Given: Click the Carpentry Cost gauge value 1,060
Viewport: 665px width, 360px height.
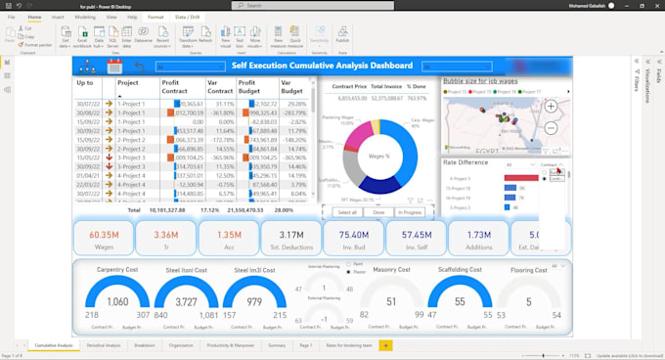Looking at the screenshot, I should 116,301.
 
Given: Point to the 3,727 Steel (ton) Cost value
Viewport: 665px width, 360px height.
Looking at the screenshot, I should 186,301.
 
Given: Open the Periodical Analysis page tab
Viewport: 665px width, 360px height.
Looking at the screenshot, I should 103,345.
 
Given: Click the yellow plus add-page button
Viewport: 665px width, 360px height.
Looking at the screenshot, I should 385,345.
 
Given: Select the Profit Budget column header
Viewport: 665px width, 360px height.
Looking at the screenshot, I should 252,88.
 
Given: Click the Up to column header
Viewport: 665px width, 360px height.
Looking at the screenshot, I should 85,83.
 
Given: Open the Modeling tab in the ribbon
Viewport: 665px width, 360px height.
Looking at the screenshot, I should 85,18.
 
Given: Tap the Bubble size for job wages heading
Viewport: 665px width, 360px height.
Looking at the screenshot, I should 480,81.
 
